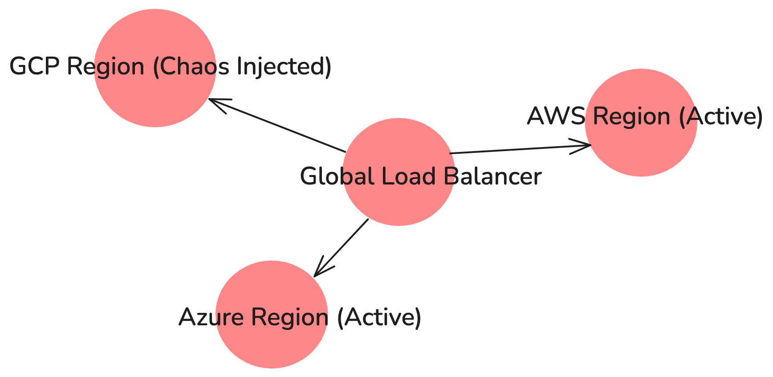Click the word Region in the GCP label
point(106,66)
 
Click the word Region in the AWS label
point(631,116)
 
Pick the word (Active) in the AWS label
point(720,116)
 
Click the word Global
point(337,176)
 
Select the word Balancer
point(492,176)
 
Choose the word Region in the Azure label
point(290,317)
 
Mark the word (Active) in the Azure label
point(379,317)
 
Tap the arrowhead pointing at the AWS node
point(586,145)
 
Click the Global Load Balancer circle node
point(399,205)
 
